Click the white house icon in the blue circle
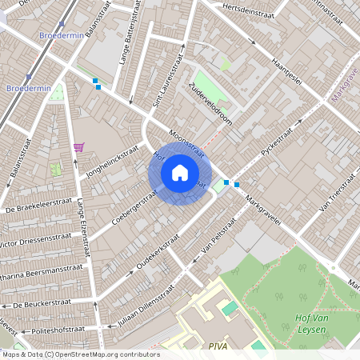click(x=180, y=172)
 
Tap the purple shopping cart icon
click(x=78, y=146)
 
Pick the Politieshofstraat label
click(x=62, y=329)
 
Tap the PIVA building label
click(x=218, y=346)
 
